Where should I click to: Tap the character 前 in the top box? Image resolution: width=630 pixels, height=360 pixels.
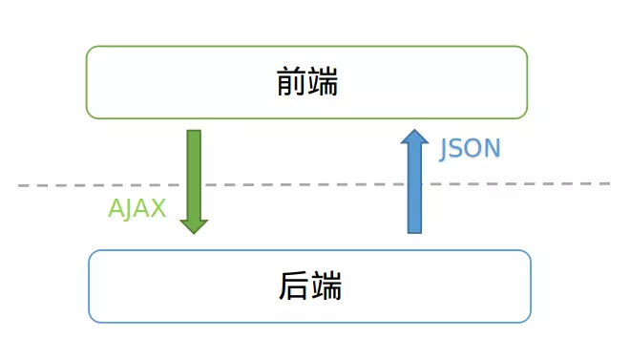pyautogui.click(x=291, y=83)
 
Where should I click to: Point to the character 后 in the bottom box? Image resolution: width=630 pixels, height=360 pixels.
pyautogui.click(x=294, y=286)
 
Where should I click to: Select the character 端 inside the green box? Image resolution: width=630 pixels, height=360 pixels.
pyautogui.click(x=323, y=83)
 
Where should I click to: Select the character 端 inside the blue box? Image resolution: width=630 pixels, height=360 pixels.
pyautogui.click(x=325, y=286)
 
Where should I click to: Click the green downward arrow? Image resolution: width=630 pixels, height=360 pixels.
pyautogui.click(x=194, y=172)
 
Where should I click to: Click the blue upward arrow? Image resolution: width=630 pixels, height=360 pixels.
pyautogui.click(x=414, y=191)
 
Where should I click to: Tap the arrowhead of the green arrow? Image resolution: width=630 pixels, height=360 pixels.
pyautogui.click(x=194, y=225)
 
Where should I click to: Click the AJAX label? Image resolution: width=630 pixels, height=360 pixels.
pyautogui.click(x=136, y=209)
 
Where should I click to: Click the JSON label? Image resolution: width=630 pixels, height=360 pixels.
pyautogui.click(x=470, y=149)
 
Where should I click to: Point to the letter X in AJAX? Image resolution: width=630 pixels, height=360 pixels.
pyautogui.click(x=158, y=209)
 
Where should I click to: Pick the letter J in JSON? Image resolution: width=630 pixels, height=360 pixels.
pyautogui.click(x=445, y=150)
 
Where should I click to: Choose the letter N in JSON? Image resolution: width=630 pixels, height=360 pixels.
pyautogui.click(x=492, y=149)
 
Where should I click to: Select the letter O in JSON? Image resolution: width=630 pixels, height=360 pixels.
pyautogui.click(x=474, y=149)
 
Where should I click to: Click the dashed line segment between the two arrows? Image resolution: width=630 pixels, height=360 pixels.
pyautogui.click(x=305, y=183)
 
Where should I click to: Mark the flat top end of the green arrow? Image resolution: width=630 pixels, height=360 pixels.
pyautogui.click(x=194, y=132)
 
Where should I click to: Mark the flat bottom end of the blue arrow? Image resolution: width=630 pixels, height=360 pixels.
pyautogui.click(x=414, y=231)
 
